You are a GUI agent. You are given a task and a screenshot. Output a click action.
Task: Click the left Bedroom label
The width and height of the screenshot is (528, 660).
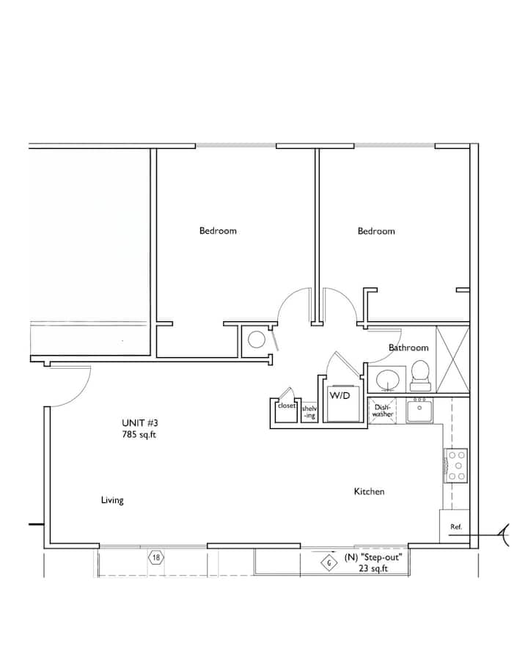tap(218, 231)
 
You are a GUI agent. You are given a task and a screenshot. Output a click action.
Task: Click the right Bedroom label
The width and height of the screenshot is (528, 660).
tap(376, 231)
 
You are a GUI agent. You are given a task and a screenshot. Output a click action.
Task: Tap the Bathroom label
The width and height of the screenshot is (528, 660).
tap(408, 348)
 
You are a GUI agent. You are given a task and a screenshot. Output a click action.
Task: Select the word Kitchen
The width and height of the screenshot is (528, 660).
tap(369, 491)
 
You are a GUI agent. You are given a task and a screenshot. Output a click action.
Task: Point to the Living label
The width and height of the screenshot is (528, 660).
tap(112, 500)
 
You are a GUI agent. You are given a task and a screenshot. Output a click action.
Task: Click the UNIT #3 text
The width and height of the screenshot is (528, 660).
tap(140, 423)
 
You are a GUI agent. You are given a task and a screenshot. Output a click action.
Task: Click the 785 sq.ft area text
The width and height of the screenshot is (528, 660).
tap(139, 434)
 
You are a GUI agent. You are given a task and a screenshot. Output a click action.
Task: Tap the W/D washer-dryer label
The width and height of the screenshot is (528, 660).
tap(340, 396)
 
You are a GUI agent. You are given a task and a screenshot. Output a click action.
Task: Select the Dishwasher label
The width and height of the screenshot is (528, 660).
tap(383, 411)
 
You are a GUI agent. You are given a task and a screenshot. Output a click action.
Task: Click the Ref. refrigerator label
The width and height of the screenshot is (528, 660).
tap(456, 527)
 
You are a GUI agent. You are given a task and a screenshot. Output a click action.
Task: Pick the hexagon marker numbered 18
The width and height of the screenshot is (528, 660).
tap(156, 558)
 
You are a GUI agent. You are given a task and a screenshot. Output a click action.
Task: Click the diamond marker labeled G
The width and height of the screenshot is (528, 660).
tap(329, 563)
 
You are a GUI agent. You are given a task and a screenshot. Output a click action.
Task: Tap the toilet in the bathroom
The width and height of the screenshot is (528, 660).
tap(420, 375)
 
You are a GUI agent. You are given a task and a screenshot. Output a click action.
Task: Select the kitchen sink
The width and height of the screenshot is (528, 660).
tap(419, 411)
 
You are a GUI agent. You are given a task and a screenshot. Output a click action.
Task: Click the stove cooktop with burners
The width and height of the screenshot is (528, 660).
tap(456, 466)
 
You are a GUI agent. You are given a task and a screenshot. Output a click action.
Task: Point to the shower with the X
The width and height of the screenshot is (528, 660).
tap(452, 359)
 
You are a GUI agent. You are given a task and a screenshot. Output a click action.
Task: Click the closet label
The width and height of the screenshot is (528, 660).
tap(286, 406)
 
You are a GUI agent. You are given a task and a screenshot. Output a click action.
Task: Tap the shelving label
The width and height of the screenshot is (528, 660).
tap(309, 412)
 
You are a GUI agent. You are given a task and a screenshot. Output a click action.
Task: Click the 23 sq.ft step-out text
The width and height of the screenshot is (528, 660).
tap(373, 568)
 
